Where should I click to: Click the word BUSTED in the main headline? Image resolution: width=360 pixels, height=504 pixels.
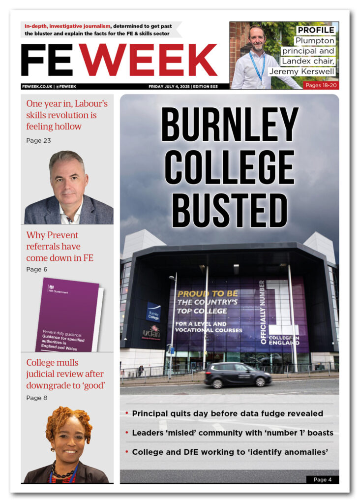[x=229, y=210]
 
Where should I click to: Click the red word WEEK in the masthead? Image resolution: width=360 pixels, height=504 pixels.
[x=148, y=61]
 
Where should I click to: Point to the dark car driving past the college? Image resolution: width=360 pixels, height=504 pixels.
[x=238, y=375]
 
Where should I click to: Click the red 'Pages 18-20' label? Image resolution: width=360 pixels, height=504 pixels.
[x=321, y=85]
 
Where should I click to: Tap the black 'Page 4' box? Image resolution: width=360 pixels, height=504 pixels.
[x=322, y=479]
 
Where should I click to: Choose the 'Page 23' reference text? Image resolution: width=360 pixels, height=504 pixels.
[x=38, y=141]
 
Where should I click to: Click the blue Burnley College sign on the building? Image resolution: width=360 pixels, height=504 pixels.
[x=153, y=312]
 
